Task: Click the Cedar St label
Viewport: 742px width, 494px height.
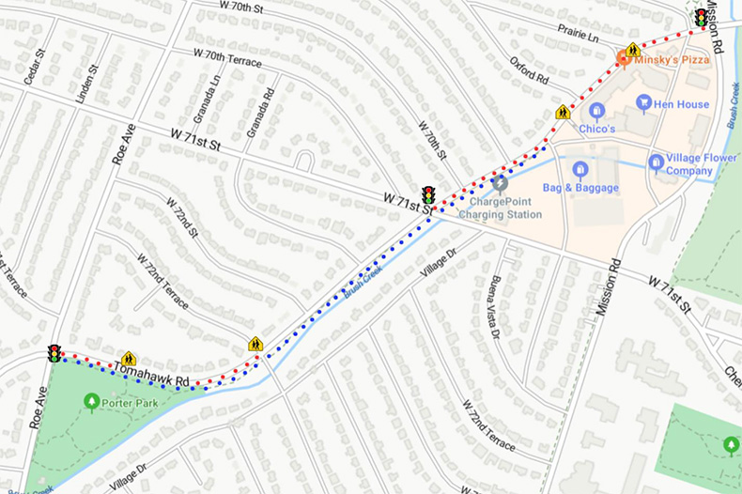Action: click(x=35, y=66)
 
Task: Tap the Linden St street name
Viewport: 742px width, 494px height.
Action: click(x=89, y=83)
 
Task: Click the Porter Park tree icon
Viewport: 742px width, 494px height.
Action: click(x=91, y=403)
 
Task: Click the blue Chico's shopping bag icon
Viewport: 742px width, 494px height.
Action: click(x=595, y=111)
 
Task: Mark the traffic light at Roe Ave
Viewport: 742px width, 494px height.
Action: click(x=54, y=353)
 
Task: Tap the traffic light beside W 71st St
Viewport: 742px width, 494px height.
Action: click(x=428, y=194)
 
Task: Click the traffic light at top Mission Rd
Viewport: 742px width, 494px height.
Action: click(x=701, y=17)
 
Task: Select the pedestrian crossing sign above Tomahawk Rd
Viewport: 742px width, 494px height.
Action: click(x=129, y=358)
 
